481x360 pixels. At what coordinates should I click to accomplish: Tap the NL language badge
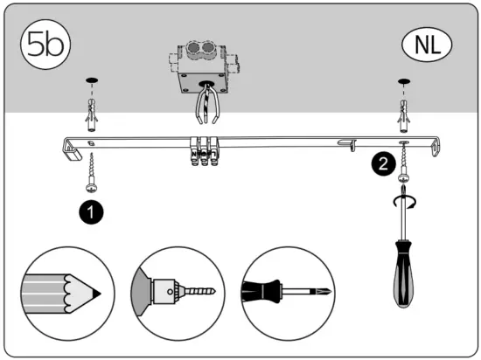(426, 44)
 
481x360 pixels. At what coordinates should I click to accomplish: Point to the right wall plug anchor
(404, 109)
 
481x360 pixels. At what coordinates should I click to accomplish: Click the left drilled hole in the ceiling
(91, 83)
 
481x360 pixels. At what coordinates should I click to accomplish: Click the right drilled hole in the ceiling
(404, 83)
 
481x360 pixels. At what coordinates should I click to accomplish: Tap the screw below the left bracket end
(91, 170)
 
